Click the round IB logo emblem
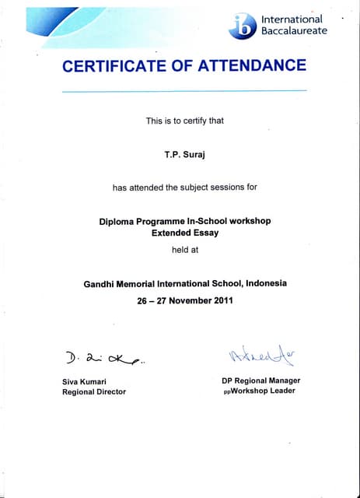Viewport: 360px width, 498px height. (243, 26)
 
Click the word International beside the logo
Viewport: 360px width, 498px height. (292, 19)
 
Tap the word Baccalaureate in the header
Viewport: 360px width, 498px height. (294, 30)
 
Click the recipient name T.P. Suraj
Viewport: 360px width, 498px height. (184, 154)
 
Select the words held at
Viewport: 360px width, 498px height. (185, 250)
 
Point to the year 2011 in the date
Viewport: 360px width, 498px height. (222, 300)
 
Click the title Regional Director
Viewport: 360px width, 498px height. (93, 391)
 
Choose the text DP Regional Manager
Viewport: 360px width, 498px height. (260, 381)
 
